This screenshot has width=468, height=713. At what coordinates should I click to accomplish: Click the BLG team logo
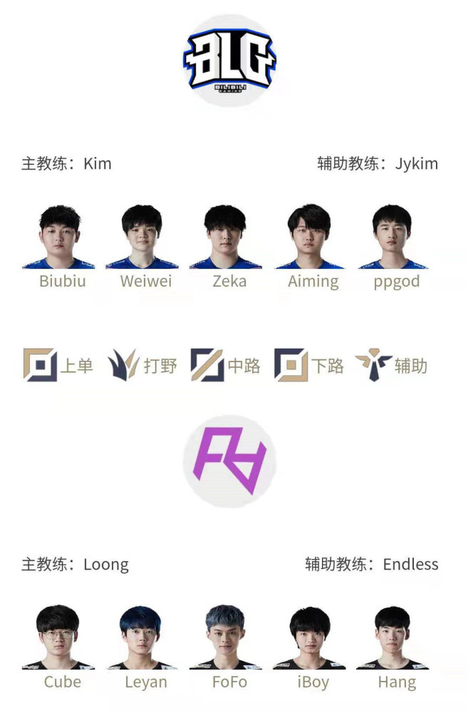(x=229, y=61)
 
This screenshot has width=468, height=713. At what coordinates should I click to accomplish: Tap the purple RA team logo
(x=229, y=461)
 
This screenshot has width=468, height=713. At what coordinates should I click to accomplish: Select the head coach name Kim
(x=98, y=164)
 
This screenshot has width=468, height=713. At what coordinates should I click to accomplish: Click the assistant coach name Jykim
(x=416, y=164)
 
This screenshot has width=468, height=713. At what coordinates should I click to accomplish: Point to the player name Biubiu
(x=62, y=281)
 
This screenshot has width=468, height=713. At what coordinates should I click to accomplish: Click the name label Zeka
(x=229, y=281)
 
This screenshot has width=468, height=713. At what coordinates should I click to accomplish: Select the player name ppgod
(x=397, y=282)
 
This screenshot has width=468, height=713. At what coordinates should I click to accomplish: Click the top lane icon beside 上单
(x=40, y=364)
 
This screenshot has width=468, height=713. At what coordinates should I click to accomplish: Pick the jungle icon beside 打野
(x=123, y=364)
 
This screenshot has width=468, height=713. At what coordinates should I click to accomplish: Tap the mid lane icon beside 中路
(x=207, y=364)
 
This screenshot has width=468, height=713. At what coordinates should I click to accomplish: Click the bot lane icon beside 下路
(x=291, y=364)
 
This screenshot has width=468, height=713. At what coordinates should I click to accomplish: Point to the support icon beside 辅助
(x=373, y=364)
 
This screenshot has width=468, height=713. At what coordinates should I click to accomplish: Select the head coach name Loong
(x=106, y=565)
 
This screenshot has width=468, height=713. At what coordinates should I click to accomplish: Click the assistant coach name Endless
(x=410, y=564)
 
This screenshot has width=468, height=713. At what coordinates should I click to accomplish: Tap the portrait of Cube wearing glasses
(x=58, y=637)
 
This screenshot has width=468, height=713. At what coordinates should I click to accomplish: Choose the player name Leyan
(x=146, y=682)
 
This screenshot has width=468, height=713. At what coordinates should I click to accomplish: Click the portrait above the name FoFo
(x=225, y=637)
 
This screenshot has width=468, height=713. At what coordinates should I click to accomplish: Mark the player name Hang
(x=397, y=682)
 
